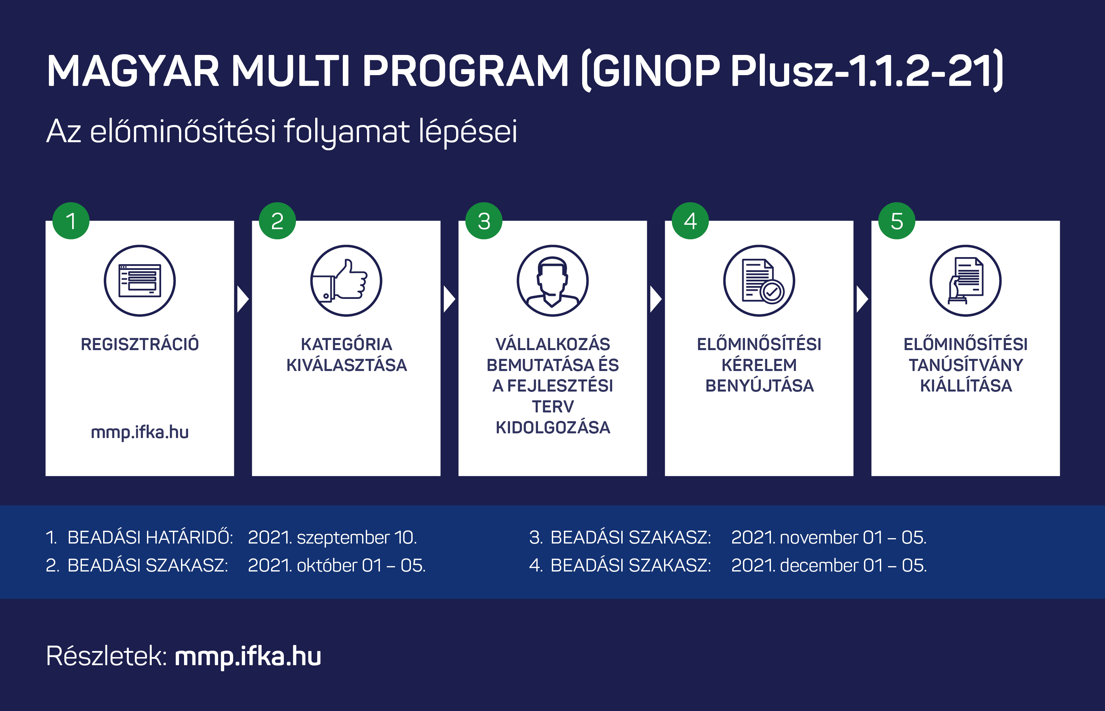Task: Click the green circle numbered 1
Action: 71,221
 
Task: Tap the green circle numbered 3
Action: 484,221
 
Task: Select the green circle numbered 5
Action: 897,221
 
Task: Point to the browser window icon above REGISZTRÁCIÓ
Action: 140,281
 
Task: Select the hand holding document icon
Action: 965,281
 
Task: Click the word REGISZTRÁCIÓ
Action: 140,344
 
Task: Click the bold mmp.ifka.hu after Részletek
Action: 248,656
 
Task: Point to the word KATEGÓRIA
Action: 346,344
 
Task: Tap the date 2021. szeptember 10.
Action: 332,537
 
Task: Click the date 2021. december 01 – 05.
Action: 829,565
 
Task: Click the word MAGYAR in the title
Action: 133,71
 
